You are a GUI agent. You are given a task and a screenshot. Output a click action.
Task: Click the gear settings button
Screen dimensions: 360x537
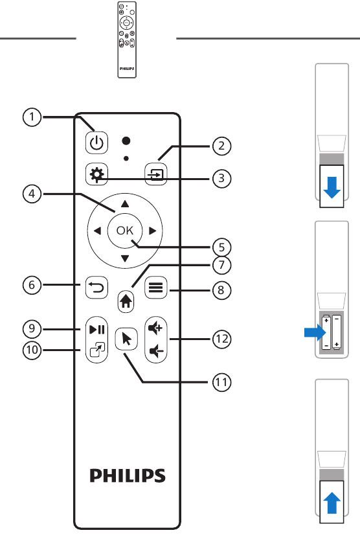coord(96,174)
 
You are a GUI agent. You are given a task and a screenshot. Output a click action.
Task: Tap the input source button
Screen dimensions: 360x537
coord(156,174)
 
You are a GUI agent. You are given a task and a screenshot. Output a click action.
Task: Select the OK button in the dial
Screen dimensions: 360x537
coord(125,230)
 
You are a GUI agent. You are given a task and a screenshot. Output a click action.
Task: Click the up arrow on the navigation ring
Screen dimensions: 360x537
coord(125,204)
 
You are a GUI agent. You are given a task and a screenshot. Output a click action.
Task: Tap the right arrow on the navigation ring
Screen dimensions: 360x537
coord(153,231)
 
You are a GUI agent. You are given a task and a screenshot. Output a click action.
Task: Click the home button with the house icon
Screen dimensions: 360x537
coord(126,301)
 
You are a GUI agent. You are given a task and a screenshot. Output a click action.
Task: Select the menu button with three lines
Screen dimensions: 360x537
coord(156,288)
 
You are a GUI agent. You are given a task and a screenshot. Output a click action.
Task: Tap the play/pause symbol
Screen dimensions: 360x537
coord(97,330)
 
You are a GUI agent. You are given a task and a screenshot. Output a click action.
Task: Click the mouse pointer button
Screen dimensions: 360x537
coord(126,339)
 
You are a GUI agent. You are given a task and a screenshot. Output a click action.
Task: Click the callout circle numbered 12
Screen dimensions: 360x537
coord(221,339)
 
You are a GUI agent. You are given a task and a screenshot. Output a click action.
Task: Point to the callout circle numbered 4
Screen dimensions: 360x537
coord(32,194)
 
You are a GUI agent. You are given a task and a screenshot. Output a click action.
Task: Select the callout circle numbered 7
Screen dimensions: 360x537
coord(221,265)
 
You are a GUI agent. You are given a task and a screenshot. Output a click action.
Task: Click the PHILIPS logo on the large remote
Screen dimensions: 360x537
coord(128,475)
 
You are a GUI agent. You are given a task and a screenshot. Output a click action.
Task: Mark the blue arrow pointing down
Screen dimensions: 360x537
coord(332,187)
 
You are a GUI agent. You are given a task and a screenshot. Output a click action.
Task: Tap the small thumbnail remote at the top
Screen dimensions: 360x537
coord(127,40)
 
